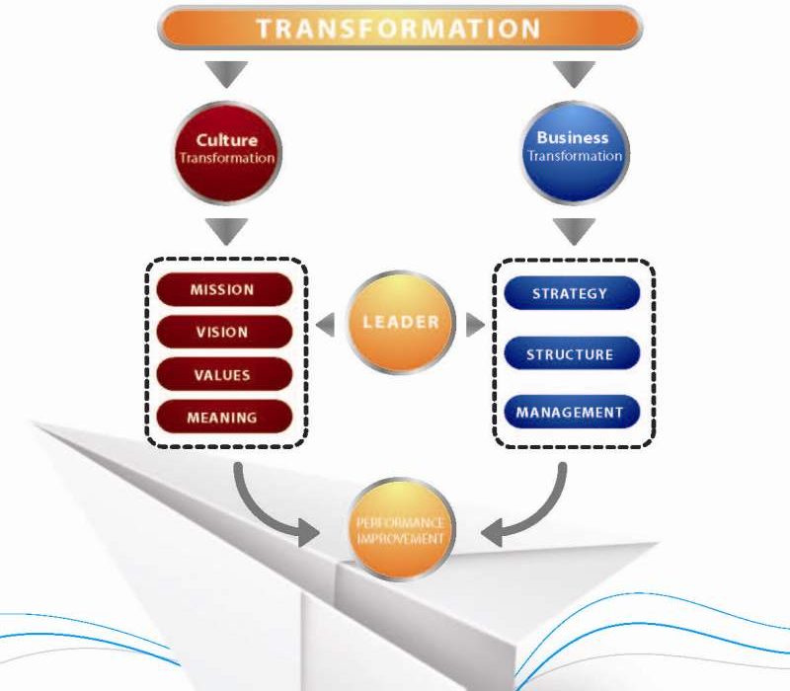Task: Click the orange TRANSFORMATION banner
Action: pos(400,28)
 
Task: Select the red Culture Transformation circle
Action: pos(227,153)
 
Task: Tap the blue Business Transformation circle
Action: pos(575,152)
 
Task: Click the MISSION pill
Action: pos(224,289)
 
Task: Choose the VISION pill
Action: pos(224,332)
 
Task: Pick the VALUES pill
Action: pos(224,374)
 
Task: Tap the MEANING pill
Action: pos(224,417)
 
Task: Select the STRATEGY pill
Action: pos(572,293)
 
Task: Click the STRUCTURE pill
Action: pos(572,353)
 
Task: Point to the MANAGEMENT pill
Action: pos(572,412)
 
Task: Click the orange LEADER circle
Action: pos(401,323)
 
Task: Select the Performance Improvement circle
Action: pos(401,529)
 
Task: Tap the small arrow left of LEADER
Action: pos(326,325)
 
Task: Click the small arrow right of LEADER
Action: pos(475,325)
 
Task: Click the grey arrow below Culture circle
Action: pos(226,232)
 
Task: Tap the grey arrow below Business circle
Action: pos(574,232)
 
